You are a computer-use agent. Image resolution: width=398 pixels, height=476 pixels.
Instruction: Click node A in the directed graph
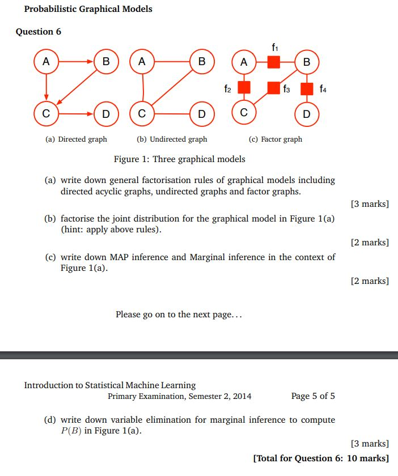46,62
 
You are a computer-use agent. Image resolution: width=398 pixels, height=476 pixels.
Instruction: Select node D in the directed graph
105,113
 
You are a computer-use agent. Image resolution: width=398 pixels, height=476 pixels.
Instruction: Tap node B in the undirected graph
202,62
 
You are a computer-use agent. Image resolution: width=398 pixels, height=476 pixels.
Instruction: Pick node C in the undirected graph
142,113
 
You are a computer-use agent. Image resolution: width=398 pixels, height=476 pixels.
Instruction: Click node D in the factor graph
307,114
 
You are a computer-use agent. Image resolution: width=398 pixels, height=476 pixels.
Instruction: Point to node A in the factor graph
244,62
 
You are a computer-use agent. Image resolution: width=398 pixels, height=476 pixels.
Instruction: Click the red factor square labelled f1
274,62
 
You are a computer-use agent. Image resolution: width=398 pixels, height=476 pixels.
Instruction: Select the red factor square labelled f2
244,88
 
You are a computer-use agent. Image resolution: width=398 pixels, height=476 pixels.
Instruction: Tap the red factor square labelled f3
274,88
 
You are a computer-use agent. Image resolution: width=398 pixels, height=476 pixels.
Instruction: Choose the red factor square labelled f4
307,88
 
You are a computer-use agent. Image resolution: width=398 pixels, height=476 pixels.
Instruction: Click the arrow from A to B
76,61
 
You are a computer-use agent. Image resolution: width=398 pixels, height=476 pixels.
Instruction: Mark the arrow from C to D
76,113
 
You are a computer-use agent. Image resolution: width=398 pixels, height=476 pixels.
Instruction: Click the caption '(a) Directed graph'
76,139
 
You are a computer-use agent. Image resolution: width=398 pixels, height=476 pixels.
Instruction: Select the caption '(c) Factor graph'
276,139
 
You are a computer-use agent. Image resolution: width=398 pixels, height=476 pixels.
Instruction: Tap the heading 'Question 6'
39,32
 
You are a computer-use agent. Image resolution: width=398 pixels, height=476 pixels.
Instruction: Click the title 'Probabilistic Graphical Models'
88,9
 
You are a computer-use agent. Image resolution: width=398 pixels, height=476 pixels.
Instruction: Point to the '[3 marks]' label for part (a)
370,204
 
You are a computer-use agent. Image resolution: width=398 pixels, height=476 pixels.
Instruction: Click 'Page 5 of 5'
313,396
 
